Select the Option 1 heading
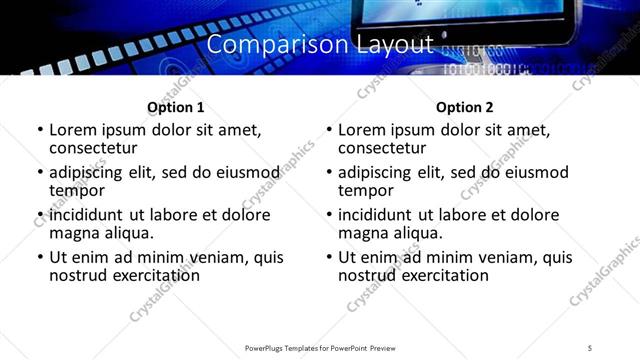pyautogui.click(x=176, y=107)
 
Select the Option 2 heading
pyautogui.click(x=464, y=107)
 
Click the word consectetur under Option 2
pyautogui.click(x=383, y=147)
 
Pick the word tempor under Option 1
pyautogui.click(x=77, y=190)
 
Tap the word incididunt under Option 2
pyautogui.click(x=377, y=215)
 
